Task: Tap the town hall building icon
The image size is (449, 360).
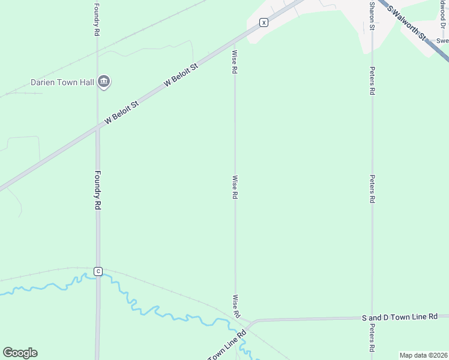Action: click(104, 82)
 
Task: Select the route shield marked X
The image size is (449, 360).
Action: click(263, 22)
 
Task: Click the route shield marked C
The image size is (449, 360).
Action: click(98, 271)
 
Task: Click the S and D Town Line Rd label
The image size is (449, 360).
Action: click(400, 317)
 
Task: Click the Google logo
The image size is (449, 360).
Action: click(20, 352)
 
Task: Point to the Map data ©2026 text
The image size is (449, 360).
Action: click(423, 355)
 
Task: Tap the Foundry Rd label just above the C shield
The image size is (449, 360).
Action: click(97, 190)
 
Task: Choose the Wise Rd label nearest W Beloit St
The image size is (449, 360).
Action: click(235, 62)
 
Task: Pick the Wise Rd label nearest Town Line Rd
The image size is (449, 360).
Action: click(237, 306)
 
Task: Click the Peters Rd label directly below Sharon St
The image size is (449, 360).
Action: click(372, 81)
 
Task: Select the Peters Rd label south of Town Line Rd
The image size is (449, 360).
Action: click(372, 338)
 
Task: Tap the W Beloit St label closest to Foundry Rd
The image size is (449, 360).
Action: click(122, 112)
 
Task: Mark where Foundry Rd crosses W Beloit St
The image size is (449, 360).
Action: click(97, 128)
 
